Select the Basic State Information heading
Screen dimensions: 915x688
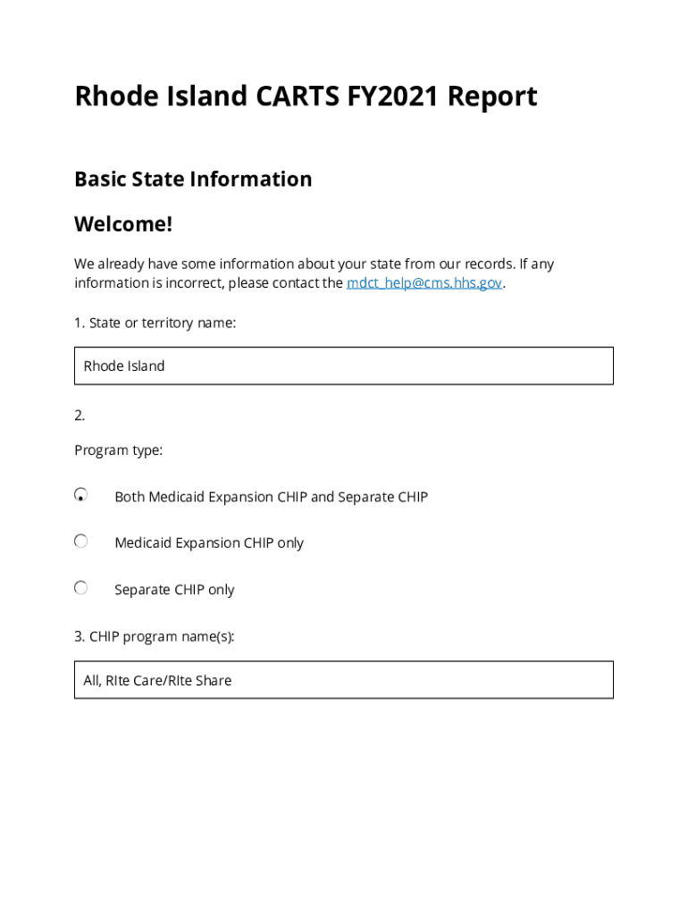pyautogui.click(x=193, y=179)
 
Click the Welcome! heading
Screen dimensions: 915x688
pyautogui.click(x=123, y=223)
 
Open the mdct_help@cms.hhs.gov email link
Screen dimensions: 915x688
pyautogui.click(x=424, y=283)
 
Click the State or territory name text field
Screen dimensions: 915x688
pyautogui.click(x=344, y=365)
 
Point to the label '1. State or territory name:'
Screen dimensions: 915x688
pyautogui.click(x=155, y=323)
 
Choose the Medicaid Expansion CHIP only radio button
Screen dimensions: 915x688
pyautogui.click(x=81, y=541)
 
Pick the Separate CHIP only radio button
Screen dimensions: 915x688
pyautogui.click(x=81, y=588)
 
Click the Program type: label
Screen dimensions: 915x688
pyautogui.click(x=119, y=450)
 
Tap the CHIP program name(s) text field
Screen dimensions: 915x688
pyautogui.click(x=344, y=680)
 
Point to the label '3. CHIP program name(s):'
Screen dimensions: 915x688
pyautogui.click(x=155, y=636)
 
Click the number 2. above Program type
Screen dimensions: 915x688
pyautogui.click(x=80, y=415)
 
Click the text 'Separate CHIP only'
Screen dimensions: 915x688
pyautogui.click(x=174, y=590)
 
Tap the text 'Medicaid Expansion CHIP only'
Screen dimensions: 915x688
pyautogui.click(x=209, y=543)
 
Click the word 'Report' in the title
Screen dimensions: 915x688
pyautogui.click(x=492, y=96)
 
